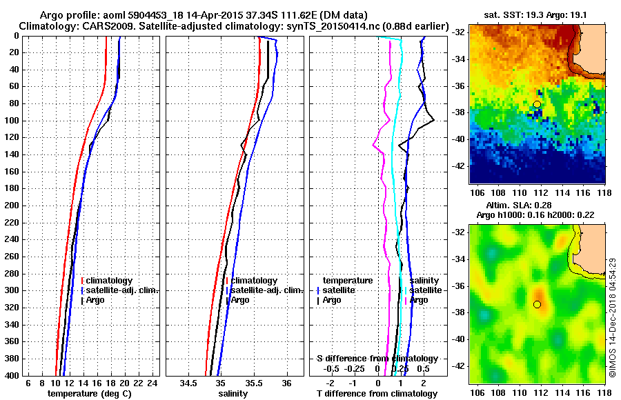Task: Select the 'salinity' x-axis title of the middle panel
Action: (233, 393)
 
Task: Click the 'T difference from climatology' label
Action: (377, 393)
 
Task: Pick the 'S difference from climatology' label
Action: (377, 359)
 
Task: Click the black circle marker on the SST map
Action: (538, 104)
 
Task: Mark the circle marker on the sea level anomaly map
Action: (538, 304)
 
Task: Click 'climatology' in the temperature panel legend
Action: (110, 281)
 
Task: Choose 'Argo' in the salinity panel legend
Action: (241, 300)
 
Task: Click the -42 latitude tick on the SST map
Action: (458, 166)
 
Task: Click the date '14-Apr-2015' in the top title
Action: (189, 14)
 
